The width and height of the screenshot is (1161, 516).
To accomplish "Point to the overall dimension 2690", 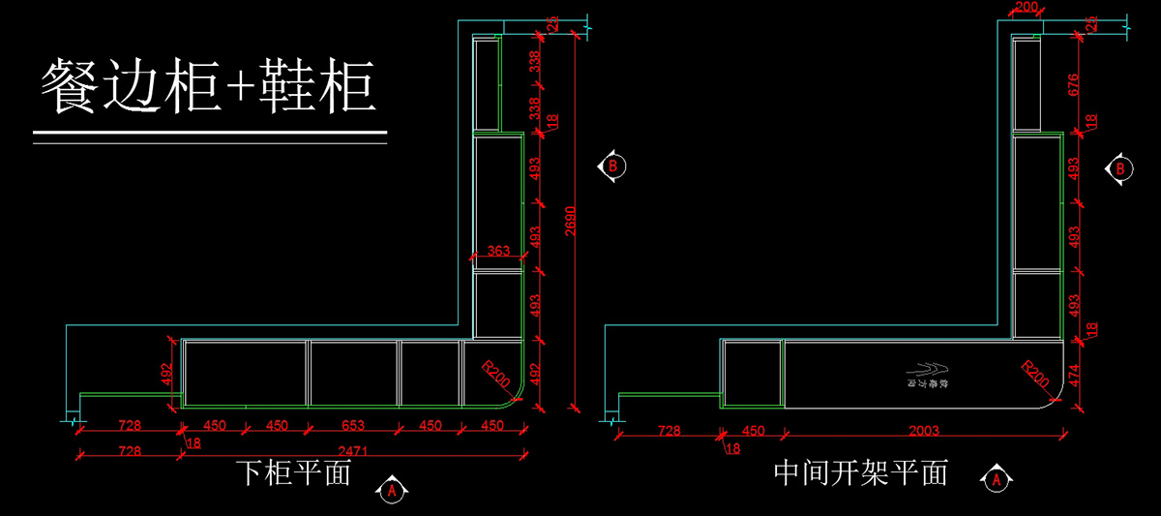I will pyautogui.click(x=570, y=223).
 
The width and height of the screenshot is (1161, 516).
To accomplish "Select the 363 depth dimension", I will pyautogui.click(x=497, y=251).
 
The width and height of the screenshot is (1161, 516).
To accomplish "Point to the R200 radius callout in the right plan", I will pyautogui.click(x=1034, y=373).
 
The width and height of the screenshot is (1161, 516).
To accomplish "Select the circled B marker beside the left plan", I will pyautogui.click(x=611, y=166).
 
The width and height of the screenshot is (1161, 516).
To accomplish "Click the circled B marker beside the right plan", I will pyautogui.click(x=1120, y=168).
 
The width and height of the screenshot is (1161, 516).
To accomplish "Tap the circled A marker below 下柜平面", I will pyautogui.click(x=392, y=491).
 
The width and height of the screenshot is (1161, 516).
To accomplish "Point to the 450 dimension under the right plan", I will pyautogui.click(x=752, y=430).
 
